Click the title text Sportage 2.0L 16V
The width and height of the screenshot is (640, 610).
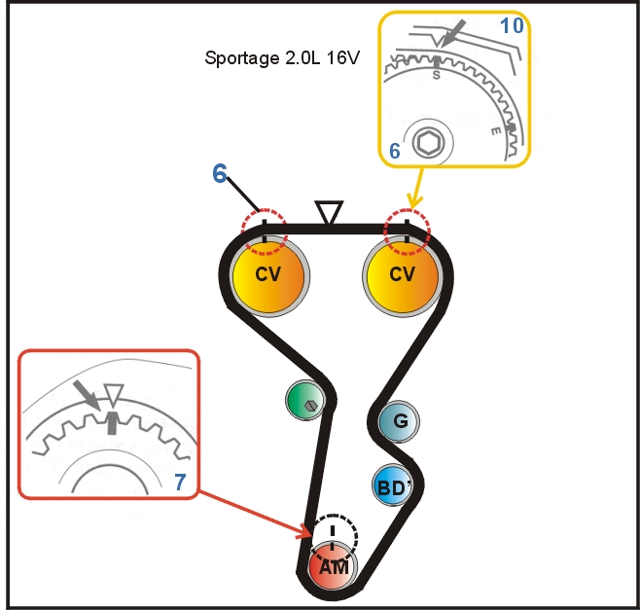[282, 57]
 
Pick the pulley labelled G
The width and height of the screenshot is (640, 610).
[399, 421]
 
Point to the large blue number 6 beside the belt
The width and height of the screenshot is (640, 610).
[221, 174]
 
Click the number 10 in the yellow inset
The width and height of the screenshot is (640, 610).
[512, 25]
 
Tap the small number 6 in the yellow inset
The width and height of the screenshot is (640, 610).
[394, 151]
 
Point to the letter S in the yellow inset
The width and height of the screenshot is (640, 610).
[436, 73]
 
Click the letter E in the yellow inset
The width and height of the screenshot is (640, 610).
[496, 129]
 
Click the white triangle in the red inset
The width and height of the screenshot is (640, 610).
[113, 395]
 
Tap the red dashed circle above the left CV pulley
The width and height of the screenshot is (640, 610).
[264, 225]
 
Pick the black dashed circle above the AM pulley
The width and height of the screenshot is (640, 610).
[335, 531]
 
